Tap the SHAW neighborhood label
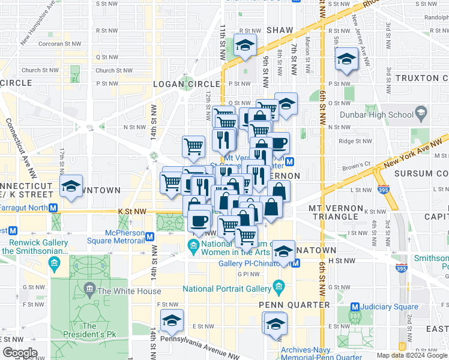(280, 29)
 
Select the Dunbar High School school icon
(421, 114)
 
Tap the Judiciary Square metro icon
(355, 307)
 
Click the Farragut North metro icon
(53, 208)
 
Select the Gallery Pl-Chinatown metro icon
(295, 264)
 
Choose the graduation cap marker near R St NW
(244, 46)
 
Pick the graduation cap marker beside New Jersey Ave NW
(346, 58)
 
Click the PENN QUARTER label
(294, 305)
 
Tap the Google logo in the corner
(20, 352)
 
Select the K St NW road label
(132, 211)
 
